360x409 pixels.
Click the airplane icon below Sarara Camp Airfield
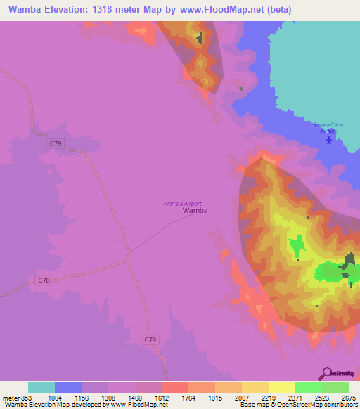tap(329, 139)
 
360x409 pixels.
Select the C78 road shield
tap(44, 280)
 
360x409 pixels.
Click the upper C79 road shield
tap(57, 143)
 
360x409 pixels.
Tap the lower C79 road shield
tap(150, 339)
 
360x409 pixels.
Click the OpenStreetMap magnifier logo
tap(326, 373)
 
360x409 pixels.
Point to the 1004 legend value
tap(55, 398)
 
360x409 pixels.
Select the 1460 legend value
tap(135, 398)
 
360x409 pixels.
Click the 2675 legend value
tap(349, 398)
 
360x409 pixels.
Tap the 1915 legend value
tap(215, 398)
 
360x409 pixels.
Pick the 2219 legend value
tap(269, 398)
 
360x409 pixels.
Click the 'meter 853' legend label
tap(15, 398)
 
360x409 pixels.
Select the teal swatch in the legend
tap(41, 387)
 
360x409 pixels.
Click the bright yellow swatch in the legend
tap(282, 387)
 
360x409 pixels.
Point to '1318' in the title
tap(104, 10)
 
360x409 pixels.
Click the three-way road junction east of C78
tap(129, 258)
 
